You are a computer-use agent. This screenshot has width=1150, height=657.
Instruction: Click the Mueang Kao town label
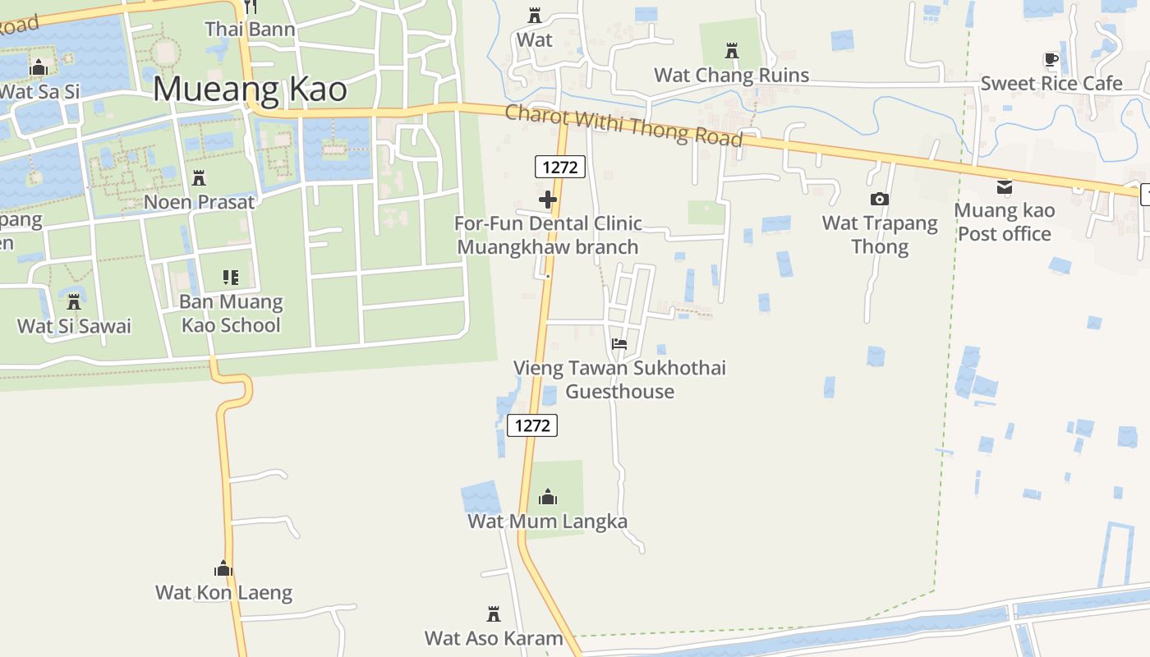pyautogui.click(x=250, y=89)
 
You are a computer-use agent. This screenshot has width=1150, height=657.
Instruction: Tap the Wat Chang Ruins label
pyautogui.click(x=731, y=76)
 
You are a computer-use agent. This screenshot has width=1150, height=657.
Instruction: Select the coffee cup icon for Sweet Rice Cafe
pyautogui.click(x=1051, y=59)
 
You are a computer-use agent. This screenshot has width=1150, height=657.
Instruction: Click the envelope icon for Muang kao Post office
pyautogui.click(x=1004, y=187)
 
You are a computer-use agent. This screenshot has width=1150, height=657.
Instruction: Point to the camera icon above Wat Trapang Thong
pyautogui.click(x=879, y=199)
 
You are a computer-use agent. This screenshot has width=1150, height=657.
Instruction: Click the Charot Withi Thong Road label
pyautogui.click(x=623, y=125)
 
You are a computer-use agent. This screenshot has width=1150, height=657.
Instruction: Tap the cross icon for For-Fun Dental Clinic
pyautogui.click(x=548, y=199)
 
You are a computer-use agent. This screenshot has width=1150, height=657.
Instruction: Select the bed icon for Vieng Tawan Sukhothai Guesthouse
pyautogui.click(x=619, y=344)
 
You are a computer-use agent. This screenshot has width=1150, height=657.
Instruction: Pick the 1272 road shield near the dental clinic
pyautogui.click(x=560, y=168)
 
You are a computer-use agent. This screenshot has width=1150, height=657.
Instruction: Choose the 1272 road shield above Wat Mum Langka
pyautogui.click(x=532, y=425)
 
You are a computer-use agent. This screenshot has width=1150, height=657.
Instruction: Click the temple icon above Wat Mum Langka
pyautogui.click(x=548, y=497)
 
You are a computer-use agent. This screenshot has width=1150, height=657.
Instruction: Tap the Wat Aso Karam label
pyautogui.click(x=494, y=638)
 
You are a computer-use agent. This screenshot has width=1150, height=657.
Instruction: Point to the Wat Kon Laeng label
pyautogui.click(x=223, y=592)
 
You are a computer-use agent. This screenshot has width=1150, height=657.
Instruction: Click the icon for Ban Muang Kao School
pyautogui.click(x=231, y=278)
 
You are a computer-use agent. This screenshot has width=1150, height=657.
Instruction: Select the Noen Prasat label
pyautogui.click(x=199, y=202)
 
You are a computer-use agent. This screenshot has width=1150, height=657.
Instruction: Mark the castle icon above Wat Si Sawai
pyautogui.click(x=74, y=301)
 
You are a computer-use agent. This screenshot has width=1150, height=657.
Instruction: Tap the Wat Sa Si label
pyautogui.click(x=39, y=91)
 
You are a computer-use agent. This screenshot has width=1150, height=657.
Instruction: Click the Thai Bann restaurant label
pyautogui.click(x=250, y=30)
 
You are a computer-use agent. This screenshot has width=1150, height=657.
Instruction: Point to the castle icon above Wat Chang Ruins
pyautogui.click(x=731, y=51)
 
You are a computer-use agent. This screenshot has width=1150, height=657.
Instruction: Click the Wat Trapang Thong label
pyautogui.click(x=880, y=235)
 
